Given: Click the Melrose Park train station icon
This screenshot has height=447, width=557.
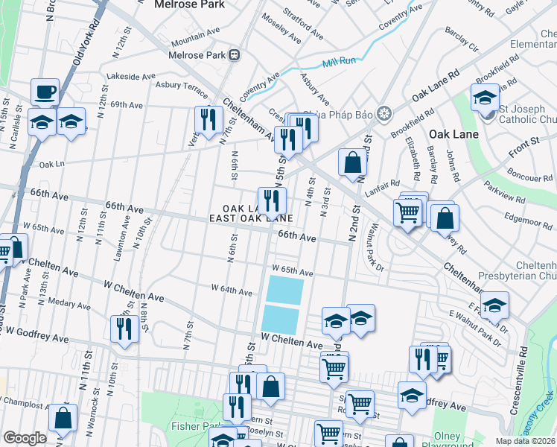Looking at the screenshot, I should pyautogui.click(x=235, y=54).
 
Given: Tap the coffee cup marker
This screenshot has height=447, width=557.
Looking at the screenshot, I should pyautogui.click(x=45, y=92).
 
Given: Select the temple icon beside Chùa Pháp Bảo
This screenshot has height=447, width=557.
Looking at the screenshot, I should pyautogui.click(x=384, y=114).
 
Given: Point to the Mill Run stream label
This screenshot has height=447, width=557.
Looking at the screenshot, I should pyautogui.click(x=339, y=64).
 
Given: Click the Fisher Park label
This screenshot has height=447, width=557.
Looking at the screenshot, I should pyautogui.click(x=172, y=426).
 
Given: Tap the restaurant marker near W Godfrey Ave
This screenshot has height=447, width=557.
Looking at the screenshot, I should pyautogui.click(x=124, y=329).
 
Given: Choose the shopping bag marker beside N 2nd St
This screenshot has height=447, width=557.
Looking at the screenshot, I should pyautogui.click(x=352, y=162).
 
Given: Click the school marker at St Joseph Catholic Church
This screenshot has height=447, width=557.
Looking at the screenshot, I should pyautogui.click(x=484, y=99).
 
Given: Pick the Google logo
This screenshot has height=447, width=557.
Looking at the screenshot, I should pyautogui.click(x=25, y=438).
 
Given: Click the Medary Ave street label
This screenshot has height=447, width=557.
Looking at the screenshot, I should pyautogui.click(x=69, y=304).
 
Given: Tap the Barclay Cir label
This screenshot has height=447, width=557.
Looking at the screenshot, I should pyautogui.click(x=462, y=42).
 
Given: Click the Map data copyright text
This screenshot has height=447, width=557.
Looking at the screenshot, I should pyautogui.click(x=526, y=441).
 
